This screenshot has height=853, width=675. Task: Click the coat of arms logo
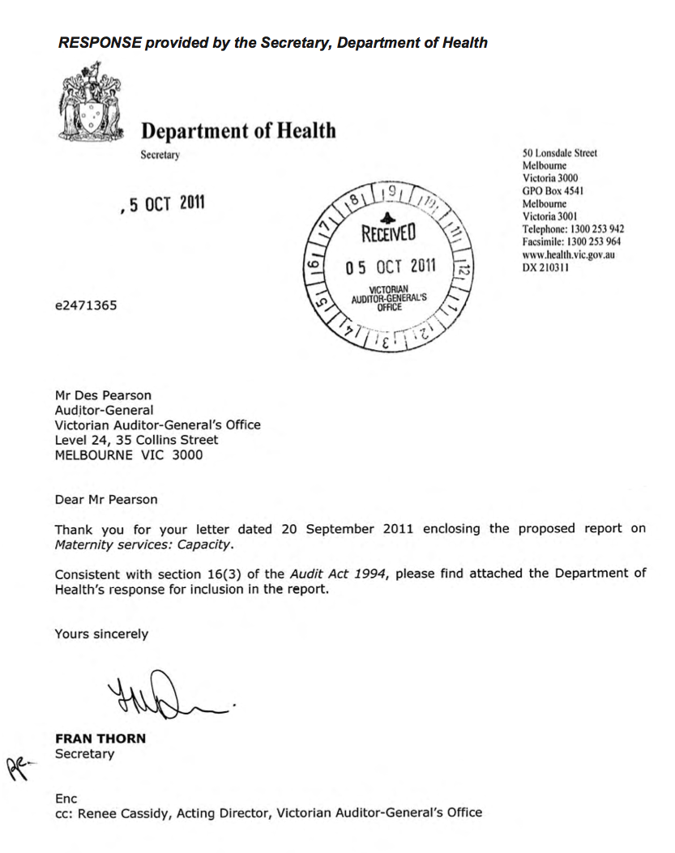pyautogui.click(x=89, y=104)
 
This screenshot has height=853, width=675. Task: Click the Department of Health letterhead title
pyautogui.click(x=238, y=130)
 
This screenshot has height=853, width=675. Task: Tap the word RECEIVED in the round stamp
pyautogui.click(x=388, y=235)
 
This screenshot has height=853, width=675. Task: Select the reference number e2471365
pyautogui.click(x=88, y=305)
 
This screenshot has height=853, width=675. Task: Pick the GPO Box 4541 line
pyautogui.click(x=553, y=191)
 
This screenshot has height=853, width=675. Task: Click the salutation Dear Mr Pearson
pyautogui.click(x=106, y=500)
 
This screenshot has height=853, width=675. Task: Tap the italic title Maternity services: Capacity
pyautogui.click(x=143, y=544)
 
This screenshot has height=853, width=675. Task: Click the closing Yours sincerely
pyautogui.click(x=101, y=634)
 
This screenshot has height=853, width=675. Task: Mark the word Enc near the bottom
pyautogui.click(x=66, y=798)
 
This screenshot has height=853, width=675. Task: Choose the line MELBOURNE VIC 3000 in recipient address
pyautogui.click(x=129, y=454)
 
